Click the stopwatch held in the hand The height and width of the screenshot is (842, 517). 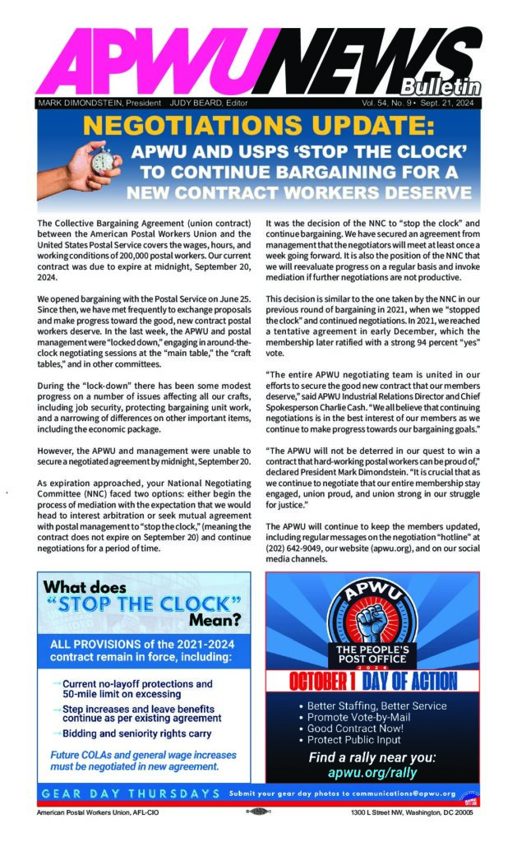click(x=82, y=156)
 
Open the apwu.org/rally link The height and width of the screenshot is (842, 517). click(x=372, y=772)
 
